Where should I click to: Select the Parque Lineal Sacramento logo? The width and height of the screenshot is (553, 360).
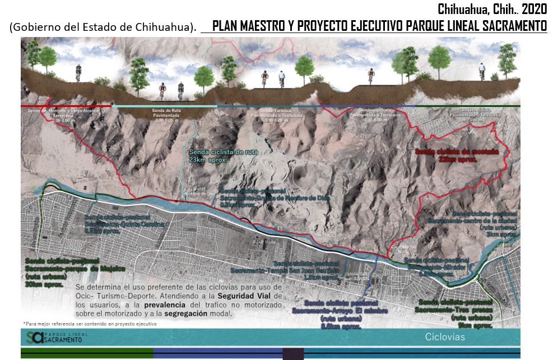51,337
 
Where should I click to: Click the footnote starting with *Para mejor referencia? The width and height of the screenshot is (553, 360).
90,324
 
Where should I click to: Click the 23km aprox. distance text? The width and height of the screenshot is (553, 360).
206,159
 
